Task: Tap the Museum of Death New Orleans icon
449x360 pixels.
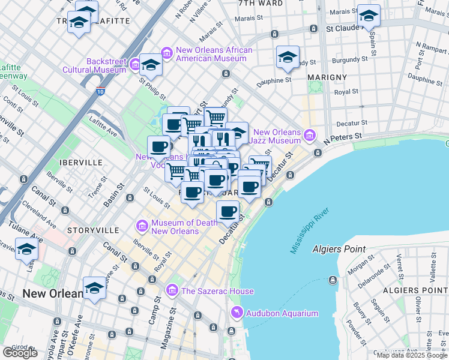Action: point(142,227)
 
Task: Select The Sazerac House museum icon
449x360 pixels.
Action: point(172,291)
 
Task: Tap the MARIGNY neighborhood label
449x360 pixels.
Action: point(327,77)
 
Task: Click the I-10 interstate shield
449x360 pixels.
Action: point(101,92)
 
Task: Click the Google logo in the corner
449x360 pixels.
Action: point(20,353)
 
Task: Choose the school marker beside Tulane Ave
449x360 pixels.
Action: point(26,248)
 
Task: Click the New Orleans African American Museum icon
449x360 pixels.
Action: point(166,54)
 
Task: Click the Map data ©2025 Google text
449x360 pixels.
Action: point(411,355)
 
